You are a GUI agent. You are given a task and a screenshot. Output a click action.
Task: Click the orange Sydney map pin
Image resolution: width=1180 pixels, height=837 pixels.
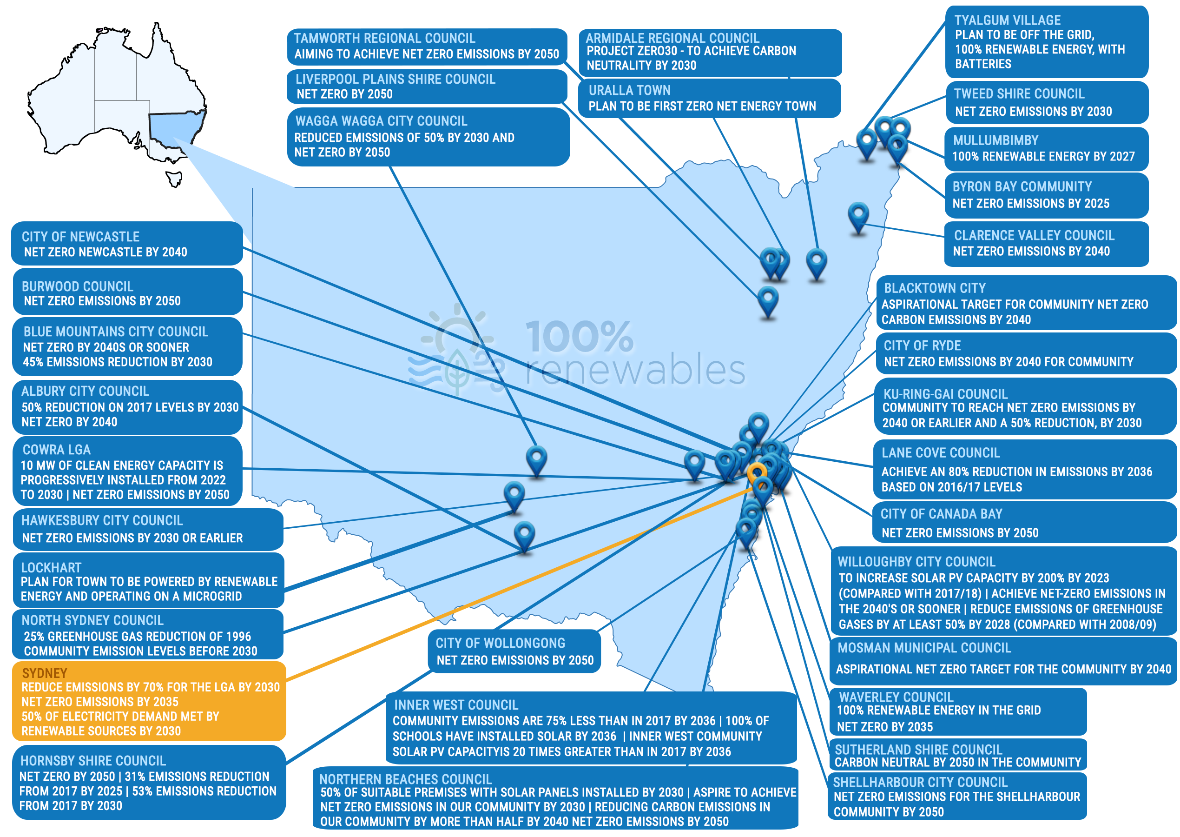[x=757, y=473]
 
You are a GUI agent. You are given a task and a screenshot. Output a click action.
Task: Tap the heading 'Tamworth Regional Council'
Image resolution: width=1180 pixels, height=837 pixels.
[x=384, y=38]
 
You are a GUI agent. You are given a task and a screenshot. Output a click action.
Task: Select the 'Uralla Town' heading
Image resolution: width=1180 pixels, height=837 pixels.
[x=629, y=90]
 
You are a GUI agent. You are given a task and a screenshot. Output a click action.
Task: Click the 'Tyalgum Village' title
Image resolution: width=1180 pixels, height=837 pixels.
[x=1007, y=20]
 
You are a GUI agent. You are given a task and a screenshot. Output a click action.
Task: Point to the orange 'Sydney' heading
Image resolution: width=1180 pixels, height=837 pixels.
[x=44, y=673]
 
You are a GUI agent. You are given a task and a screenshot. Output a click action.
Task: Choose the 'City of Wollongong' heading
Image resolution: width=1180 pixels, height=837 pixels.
[x=500, y=643]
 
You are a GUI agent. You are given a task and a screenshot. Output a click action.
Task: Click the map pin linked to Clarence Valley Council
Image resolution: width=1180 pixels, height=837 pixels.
[x=858, y=217]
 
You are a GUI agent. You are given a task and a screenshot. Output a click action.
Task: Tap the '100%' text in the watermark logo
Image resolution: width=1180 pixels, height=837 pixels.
[x=579, y=337]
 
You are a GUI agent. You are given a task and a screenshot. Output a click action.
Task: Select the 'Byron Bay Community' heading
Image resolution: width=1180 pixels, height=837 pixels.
[x=1022, y=186]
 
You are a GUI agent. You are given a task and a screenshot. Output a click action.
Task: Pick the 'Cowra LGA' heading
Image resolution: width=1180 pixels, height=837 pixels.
[x=56, y=450]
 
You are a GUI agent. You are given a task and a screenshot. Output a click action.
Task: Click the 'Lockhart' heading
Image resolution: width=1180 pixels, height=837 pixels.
[x=51, y=567]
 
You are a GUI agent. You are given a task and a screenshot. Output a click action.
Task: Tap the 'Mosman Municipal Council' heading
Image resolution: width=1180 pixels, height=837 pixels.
[x=924, y=647]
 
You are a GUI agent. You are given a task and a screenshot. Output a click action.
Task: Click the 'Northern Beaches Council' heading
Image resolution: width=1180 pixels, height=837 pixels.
[x=405, y=779]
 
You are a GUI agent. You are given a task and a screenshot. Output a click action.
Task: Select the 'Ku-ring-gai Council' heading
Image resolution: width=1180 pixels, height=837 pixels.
[x=946, y=394]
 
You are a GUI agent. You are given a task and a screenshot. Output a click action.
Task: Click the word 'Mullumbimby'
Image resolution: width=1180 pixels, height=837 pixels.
[x=995, y=140]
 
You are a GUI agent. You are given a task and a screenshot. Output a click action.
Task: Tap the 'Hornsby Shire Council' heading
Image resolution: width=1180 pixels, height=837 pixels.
[x=92, y=761]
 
